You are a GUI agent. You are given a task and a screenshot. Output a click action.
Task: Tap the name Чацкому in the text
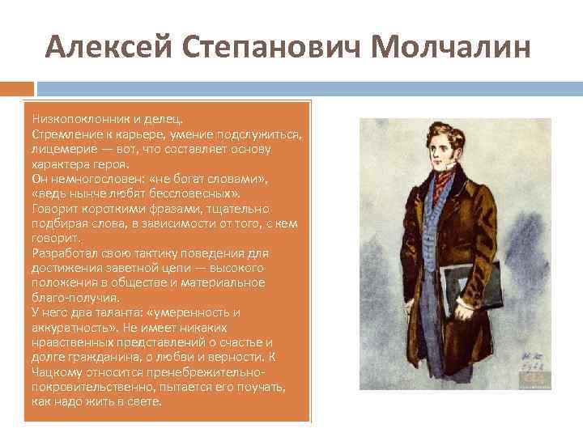tap(56, 371)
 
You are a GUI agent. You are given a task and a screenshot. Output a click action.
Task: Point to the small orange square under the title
tap(17, 87)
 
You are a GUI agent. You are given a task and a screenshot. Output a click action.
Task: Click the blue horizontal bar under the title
tap(308, 87)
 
